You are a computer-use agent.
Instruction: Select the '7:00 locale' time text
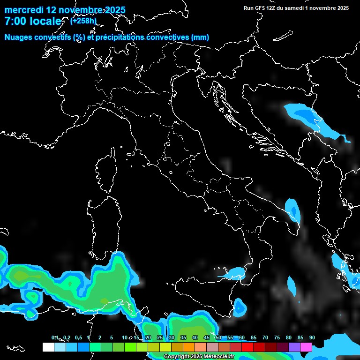(33, 21)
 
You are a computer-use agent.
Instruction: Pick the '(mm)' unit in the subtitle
(200, 37)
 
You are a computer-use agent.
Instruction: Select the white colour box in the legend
(48, 347)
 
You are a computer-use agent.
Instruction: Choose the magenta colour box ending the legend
(306, 347)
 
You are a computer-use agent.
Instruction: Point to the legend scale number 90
(312, 338)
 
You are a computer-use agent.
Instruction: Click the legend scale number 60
(241, 338)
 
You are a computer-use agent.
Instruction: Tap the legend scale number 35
(183, 338)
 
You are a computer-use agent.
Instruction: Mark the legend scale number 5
(111, 338)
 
